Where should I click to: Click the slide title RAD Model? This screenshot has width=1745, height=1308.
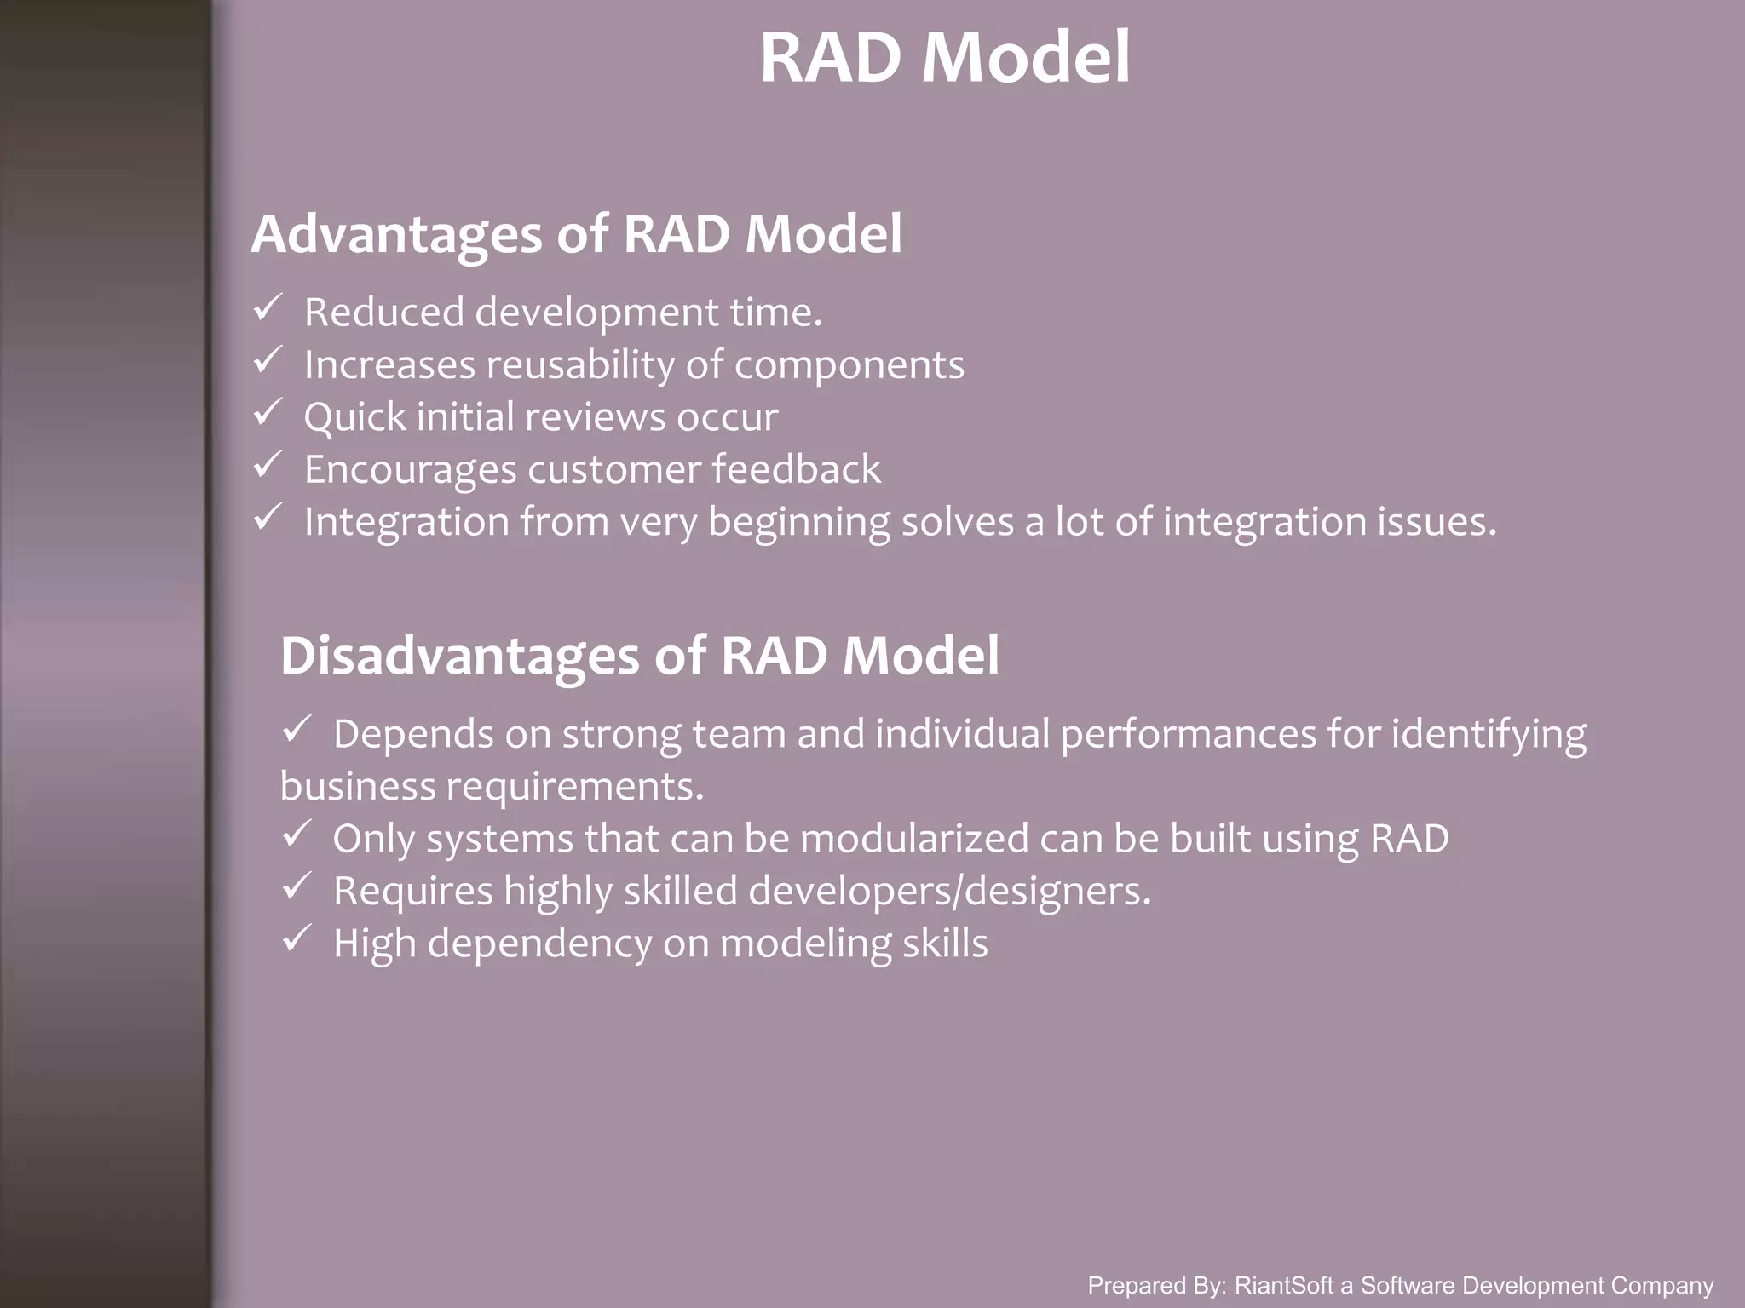(x=944, y=58)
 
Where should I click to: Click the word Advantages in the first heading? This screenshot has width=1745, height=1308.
(x=396, y=234)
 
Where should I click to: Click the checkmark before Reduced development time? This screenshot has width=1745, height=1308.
(x=267, y=307)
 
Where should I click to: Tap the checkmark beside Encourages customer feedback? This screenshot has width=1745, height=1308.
(x=267, y=465)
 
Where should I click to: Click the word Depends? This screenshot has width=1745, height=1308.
(x=412, y=734)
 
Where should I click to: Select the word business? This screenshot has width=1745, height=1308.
(x=358, y=786)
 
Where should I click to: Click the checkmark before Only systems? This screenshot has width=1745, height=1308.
(x=296, y=835)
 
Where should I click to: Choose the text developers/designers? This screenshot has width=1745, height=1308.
(x=949, y=892)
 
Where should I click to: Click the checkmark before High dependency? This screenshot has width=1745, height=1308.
(x=296, y=939)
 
